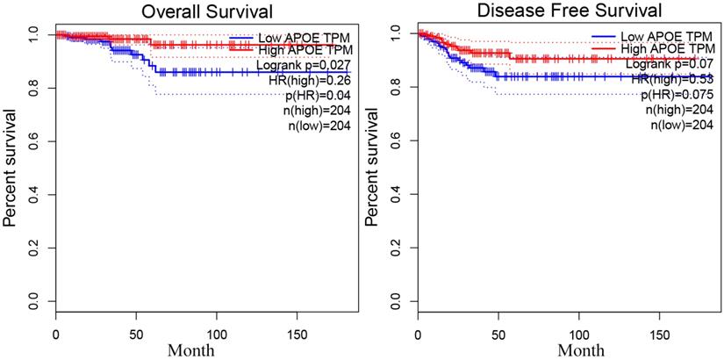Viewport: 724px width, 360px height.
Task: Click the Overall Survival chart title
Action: (207, 11)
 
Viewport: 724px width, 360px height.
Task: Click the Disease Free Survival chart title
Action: (569, 11)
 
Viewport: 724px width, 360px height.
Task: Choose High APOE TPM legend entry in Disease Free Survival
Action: (665, 51)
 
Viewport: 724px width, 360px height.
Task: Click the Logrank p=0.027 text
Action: (304, 66)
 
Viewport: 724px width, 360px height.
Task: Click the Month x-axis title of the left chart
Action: (207, 349)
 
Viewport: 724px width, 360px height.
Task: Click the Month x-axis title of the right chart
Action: (569, 349)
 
